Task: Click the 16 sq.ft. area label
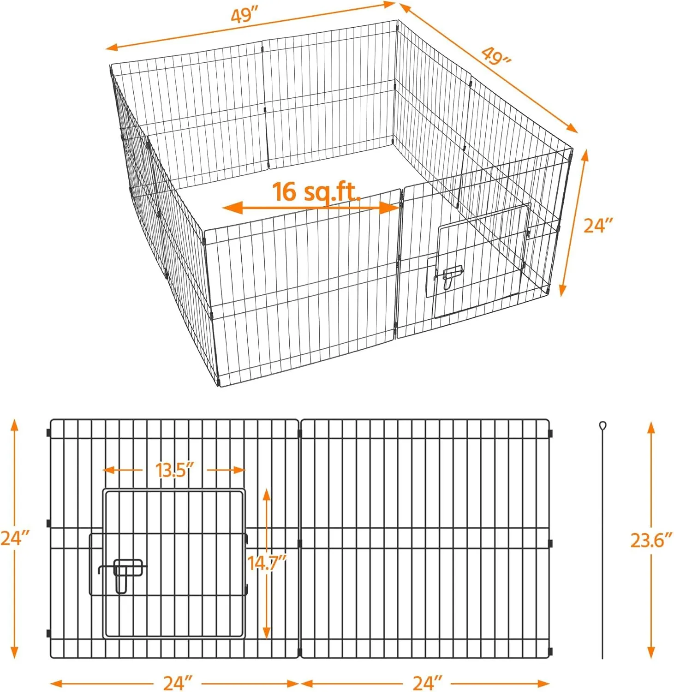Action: tap(316, 192)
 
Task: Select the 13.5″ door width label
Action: tap(174, 470)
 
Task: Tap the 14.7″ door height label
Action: tap(267, 563)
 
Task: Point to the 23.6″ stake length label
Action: tap(651, 540)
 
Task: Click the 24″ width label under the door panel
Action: tap(178, 683)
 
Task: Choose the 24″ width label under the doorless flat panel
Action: tap(428, 683)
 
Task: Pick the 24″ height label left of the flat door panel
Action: tap(15, 538)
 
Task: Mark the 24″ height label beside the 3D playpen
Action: tap(598, 226)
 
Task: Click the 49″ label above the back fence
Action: tap(244, 15)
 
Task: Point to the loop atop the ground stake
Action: tap(602, 425)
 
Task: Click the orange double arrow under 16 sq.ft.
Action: tap(310, 208)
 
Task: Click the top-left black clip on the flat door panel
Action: tap(48, 433)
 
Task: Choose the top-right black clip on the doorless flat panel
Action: tap(550, 433)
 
